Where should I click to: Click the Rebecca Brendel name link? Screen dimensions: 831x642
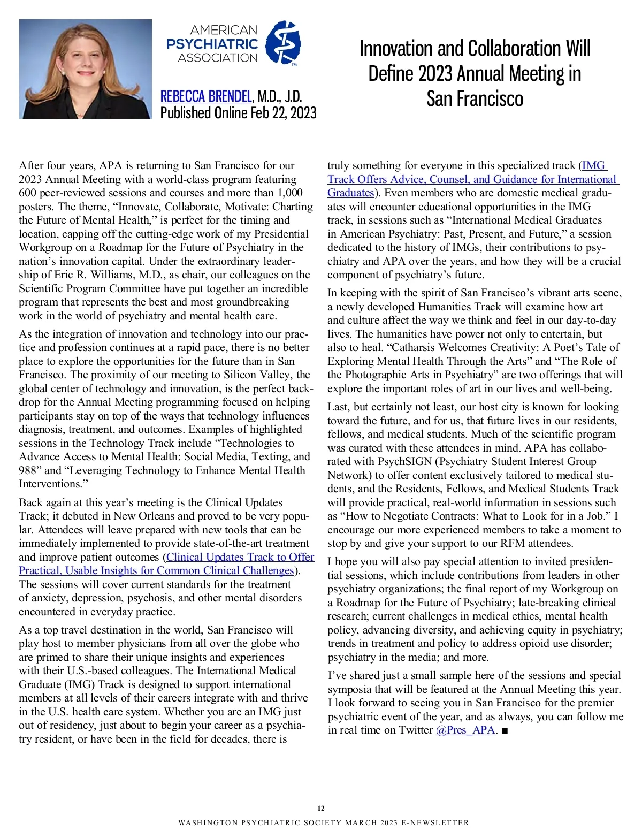tap(206, 96)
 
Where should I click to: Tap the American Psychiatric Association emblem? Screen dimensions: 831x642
tap(283, 43)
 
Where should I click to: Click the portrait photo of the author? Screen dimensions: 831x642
tap(86, 69)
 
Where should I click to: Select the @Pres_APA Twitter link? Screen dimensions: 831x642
tap(465, 730)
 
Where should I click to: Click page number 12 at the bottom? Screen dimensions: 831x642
tap(321, 808)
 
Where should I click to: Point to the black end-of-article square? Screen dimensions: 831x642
tap(505, 730)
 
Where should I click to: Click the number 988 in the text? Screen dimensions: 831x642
tap(30, 470)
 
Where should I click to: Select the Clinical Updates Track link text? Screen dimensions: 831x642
tap(240, 557)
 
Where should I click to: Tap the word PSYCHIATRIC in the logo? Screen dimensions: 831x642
tap(212, 44)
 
